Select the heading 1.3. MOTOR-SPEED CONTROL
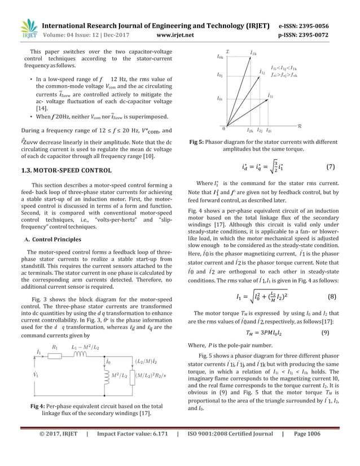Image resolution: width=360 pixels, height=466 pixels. [68, 170]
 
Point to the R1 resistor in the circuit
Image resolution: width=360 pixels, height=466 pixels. [55, 357]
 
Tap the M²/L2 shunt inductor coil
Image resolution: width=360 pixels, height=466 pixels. [106, 376]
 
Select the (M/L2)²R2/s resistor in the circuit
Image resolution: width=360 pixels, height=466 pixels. [133, 376]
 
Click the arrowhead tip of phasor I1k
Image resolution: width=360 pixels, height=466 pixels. [250, 57]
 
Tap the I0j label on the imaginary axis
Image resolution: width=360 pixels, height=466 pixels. [220, 74]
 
